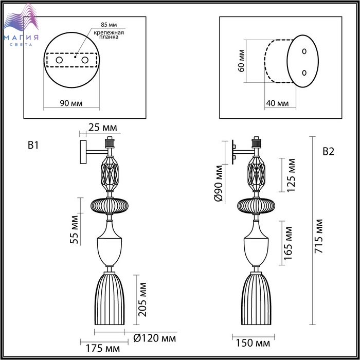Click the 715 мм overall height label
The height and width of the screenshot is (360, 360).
tap(319, 236)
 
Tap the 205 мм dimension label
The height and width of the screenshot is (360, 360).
tap(142, 299)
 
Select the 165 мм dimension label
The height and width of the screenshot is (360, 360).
tap(289, 243)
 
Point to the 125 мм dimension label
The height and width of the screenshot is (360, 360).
tap(291, 175)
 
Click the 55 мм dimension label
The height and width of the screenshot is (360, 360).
tap(75, 229)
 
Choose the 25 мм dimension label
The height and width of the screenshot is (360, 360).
tap(103, 127)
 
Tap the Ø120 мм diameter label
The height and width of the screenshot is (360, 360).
tap(155, 338)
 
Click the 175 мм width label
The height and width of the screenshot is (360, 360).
tap(103, 349)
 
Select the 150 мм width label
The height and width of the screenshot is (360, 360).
tap(253, 343)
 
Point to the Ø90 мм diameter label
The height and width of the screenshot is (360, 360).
tap(219, 183)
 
